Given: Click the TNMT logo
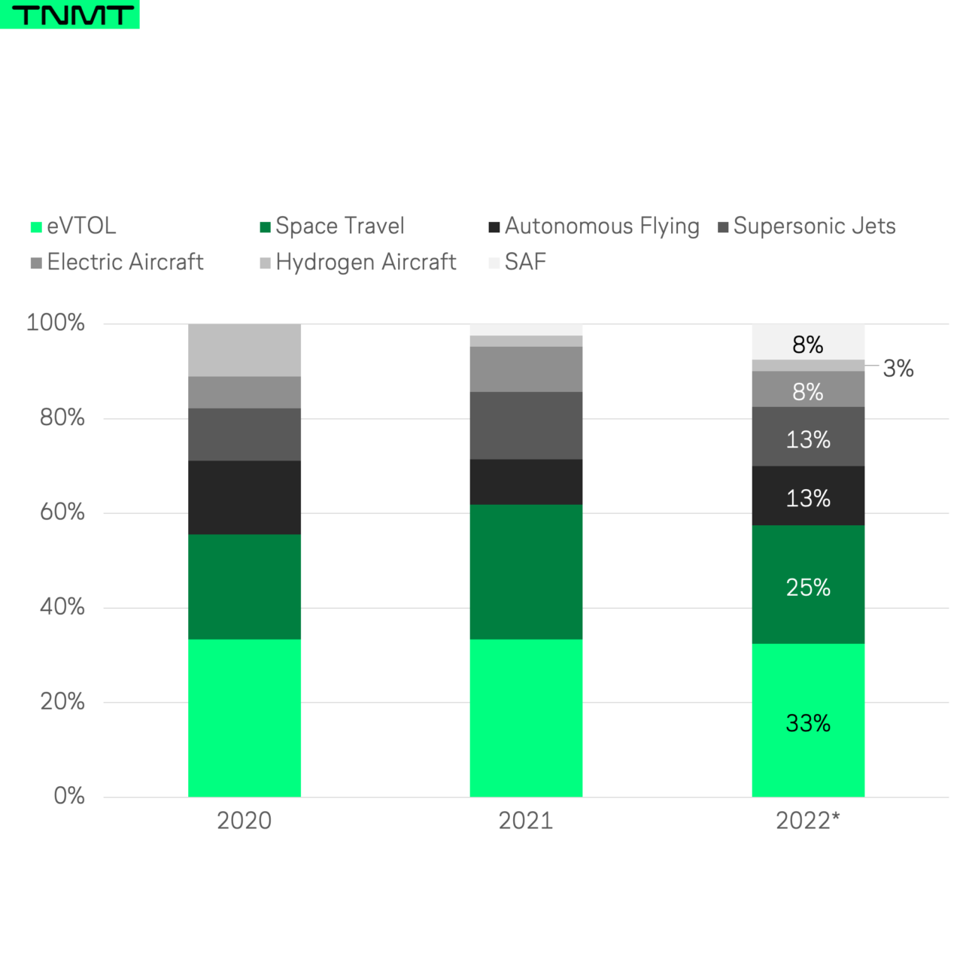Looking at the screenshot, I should (x=69, y=14).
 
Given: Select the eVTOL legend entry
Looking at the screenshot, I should (x=74, y=226).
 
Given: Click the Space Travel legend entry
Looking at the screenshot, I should (x=332, y=226).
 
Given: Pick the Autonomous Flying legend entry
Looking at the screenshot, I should (x=594, y=226).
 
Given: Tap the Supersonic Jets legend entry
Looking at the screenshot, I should (x=807, y=226).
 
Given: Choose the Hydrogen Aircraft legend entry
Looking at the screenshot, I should (x=358, y=263).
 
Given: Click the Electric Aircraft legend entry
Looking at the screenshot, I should (x=117, y=263).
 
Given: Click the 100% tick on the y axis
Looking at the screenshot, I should (x=56, y=324).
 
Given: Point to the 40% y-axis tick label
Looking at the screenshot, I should (x=62, y=607).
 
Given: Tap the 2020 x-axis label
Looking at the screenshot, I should (x=244, y=821).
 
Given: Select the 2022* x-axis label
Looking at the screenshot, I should (x=807, y=821).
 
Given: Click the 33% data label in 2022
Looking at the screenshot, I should (x=808, y=724).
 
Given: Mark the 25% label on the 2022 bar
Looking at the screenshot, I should (x=808, y=588).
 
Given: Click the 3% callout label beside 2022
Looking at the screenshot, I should (x=898, y=369).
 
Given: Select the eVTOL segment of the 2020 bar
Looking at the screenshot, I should (x=244, y=718).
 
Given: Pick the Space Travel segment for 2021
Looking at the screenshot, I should (x=526, y=572).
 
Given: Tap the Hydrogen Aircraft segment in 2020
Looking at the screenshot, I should (x=244, y=350).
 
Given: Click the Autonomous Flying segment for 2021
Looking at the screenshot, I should (x=526, y=481).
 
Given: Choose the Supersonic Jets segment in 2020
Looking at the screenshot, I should (x=244, y=434).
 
